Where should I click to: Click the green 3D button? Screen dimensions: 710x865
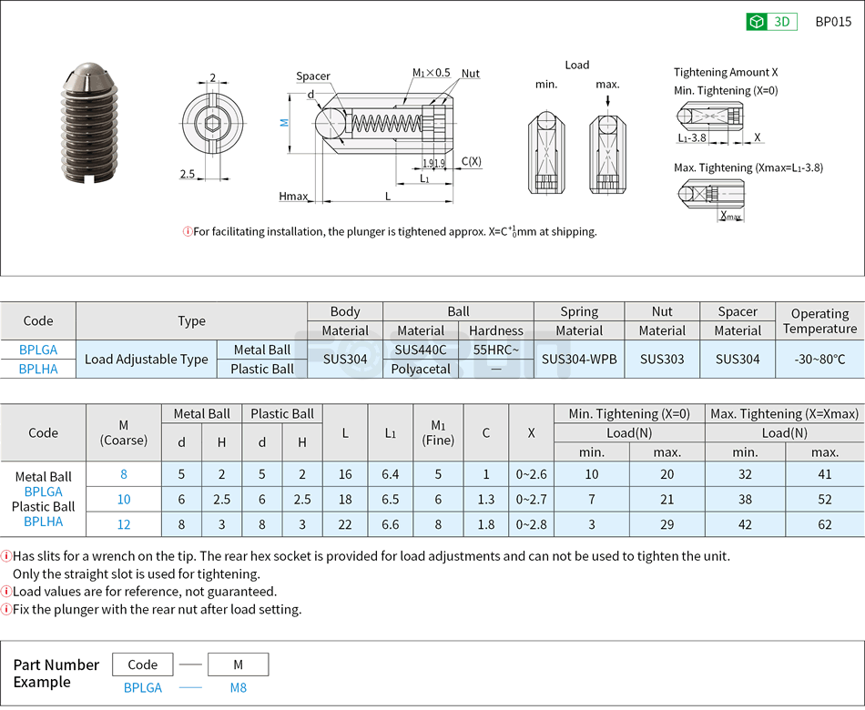[771, 22]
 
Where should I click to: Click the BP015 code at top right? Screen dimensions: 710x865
[833, 22]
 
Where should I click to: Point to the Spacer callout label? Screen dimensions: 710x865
[312, 76]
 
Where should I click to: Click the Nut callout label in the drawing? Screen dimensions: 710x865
[470, 74]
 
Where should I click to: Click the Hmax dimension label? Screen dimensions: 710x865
[293, 197]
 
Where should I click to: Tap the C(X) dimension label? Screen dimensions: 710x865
[471, 161]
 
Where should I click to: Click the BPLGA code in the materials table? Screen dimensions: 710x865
[38, 350]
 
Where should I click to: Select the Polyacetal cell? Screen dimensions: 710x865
[421, 369]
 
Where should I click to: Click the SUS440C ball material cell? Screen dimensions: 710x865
[421, 350]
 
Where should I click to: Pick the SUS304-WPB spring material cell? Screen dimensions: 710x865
[579, 359]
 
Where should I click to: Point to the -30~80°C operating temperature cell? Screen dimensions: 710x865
[819, 359]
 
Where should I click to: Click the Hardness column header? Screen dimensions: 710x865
[496, 330]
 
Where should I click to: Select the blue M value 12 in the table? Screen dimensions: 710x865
[124, 524]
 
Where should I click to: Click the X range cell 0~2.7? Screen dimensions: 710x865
[531, 499]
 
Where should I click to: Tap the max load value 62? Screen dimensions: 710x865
[825, 524]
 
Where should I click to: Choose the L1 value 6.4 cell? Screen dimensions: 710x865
[391, 473]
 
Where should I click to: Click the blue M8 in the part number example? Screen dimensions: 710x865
[238, 688]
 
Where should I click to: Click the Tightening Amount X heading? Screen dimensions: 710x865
[726, 72]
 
